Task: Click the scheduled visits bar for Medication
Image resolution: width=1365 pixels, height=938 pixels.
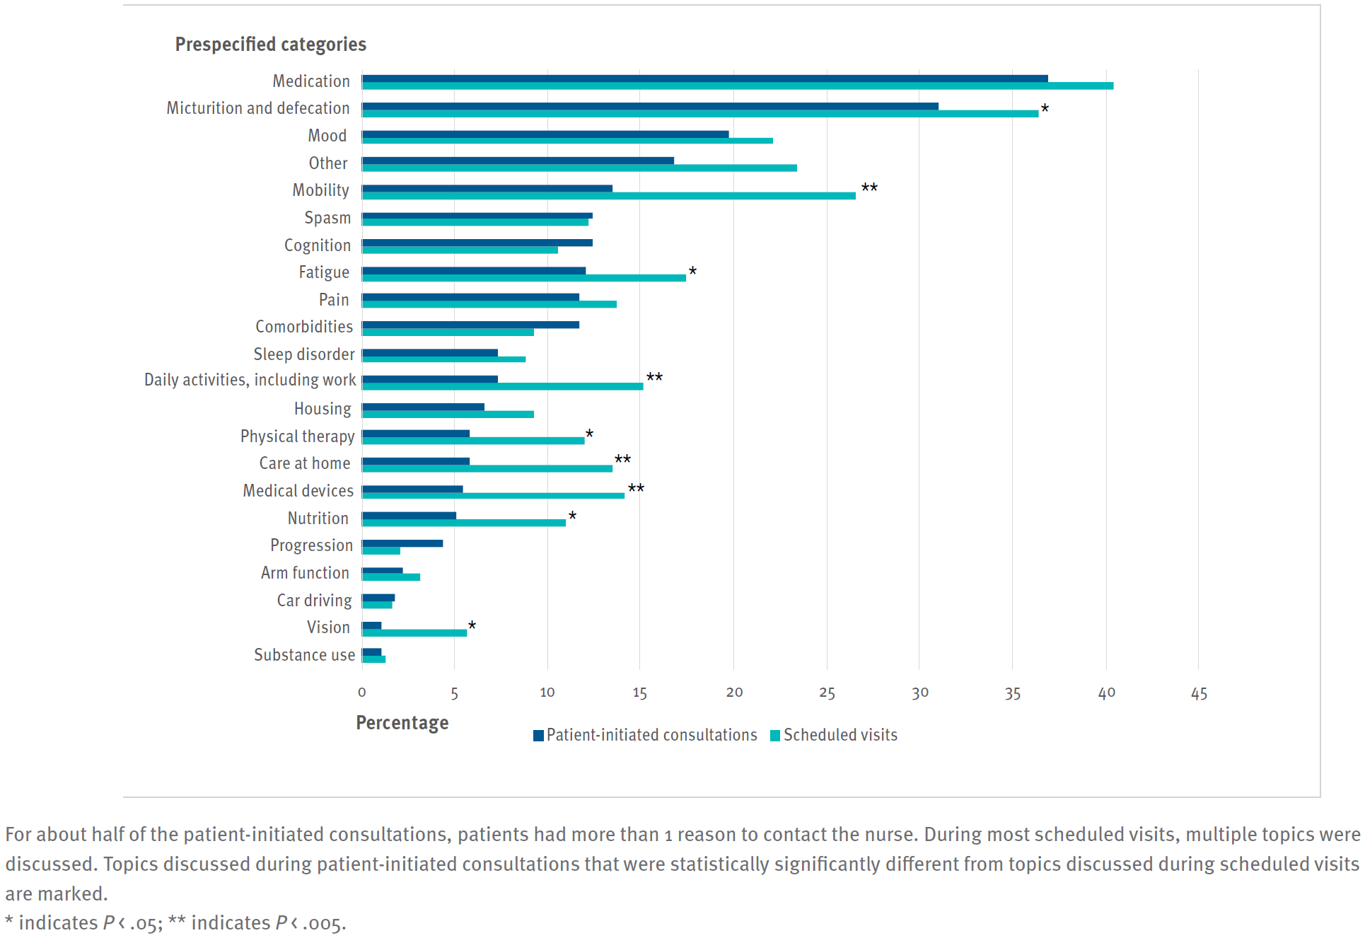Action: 738,86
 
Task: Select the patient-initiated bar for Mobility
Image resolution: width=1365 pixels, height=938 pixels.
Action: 487,188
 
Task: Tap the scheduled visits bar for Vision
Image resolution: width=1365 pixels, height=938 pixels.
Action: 414,632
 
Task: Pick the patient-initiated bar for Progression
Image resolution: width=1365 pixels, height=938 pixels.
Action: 402,543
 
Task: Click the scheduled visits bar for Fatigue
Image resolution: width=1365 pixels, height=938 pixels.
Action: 524,278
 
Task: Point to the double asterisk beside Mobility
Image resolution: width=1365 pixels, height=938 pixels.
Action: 869,188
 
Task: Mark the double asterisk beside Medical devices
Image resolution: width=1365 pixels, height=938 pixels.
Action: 636,489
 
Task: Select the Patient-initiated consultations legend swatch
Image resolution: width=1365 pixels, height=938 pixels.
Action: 538,736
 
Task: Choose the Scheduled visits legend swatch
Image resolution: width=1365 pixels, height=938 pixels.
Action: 775,736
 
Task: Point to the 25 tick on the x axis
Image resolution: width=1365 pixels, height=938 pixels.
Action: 827,693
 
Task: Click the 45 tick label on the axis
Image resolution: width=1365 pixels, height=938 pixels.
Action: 1199,693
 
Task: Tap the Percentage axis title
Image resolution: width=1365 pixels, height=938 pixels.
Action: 402,723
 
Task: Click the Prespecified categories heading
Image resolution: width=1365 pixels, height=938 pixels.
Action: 270,45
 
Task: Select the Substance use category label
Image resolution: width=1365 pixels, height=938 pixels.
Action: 304,655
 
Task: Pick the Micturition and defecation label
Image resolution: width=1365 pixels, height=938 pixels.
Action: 258,108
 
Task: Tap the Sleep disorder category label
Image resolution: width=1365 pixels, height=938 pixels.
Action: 304,354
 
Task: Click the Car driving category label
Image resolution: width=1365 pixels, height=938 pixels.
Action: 314,601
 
